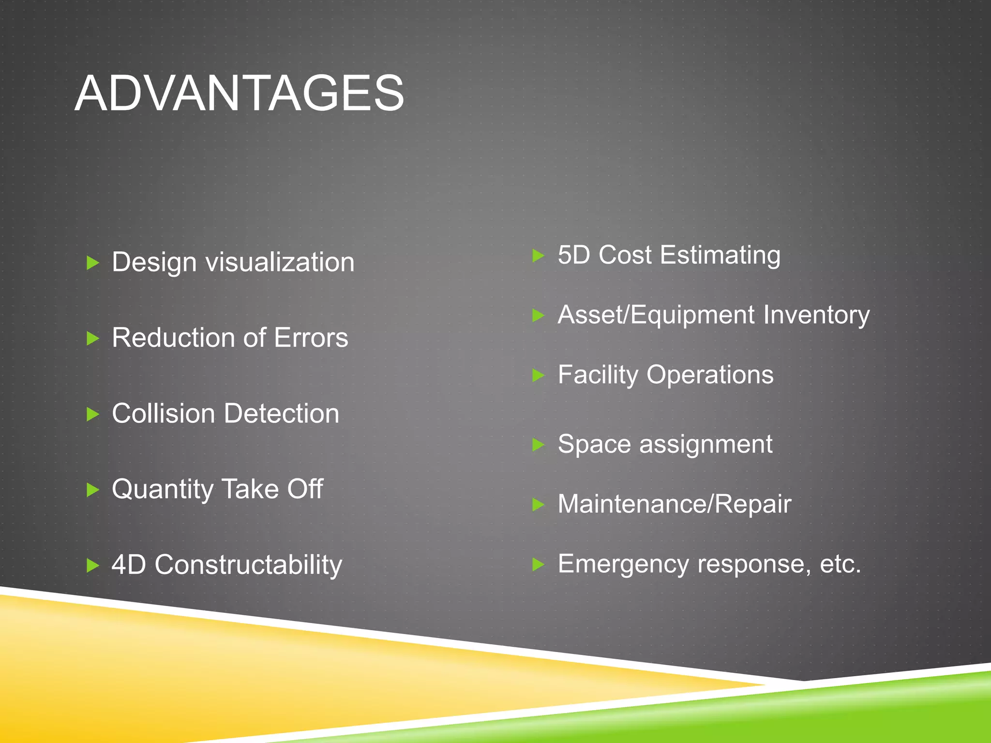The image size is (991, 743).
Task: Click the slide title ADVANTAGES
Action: pyautogui.click(x=239, y=93)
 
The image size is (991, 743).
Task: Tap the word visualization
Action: pyautogui.click(x=280, y=263)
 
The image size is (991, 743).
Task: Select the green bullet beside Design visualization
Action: pyautogui.click(x=92, y=263)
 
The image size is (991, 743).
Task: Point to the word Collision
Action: pyautogui.click(x=163, y=414)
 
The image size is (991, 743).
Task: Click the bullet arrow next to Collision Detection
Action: pyautogui.click(x=92, y=414)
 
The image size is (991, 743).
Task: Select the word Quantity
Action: pyautogui.click(x=162, y=490)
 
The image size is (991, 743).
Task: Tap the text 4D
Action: pyautogui.click(x=128, y=565)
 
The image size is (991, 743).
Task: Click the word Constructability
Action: pyautogui.click(x=248, y=565)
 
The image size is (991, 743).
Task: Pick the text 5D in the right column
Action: pyautogui.click(x=574, y=255)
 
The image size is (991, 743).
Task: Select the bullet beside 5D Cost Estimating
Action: pyautogui.click(x=538, y=255)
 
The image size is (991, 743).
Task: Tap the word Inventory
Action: pyautogui.click(x=816, y=315)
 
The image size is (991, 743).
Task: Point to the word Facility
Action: pyautogui.click(x=598, y=375)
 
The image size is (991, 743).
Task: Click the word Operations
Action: pyautogui.click(x=710, y=375)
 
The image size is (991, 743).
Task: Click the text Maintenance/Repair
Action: pyautogui.click(x=674, y=504)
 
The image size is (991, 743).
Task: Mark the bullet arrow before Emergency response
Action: pyautogui.click(x=538, y=564)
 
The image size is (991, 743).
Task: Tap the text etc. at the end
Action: pyautogui.click(x=841, y=564)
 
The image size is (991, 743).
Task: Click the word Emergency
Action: pyautogui.click(x=623, y=565)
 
